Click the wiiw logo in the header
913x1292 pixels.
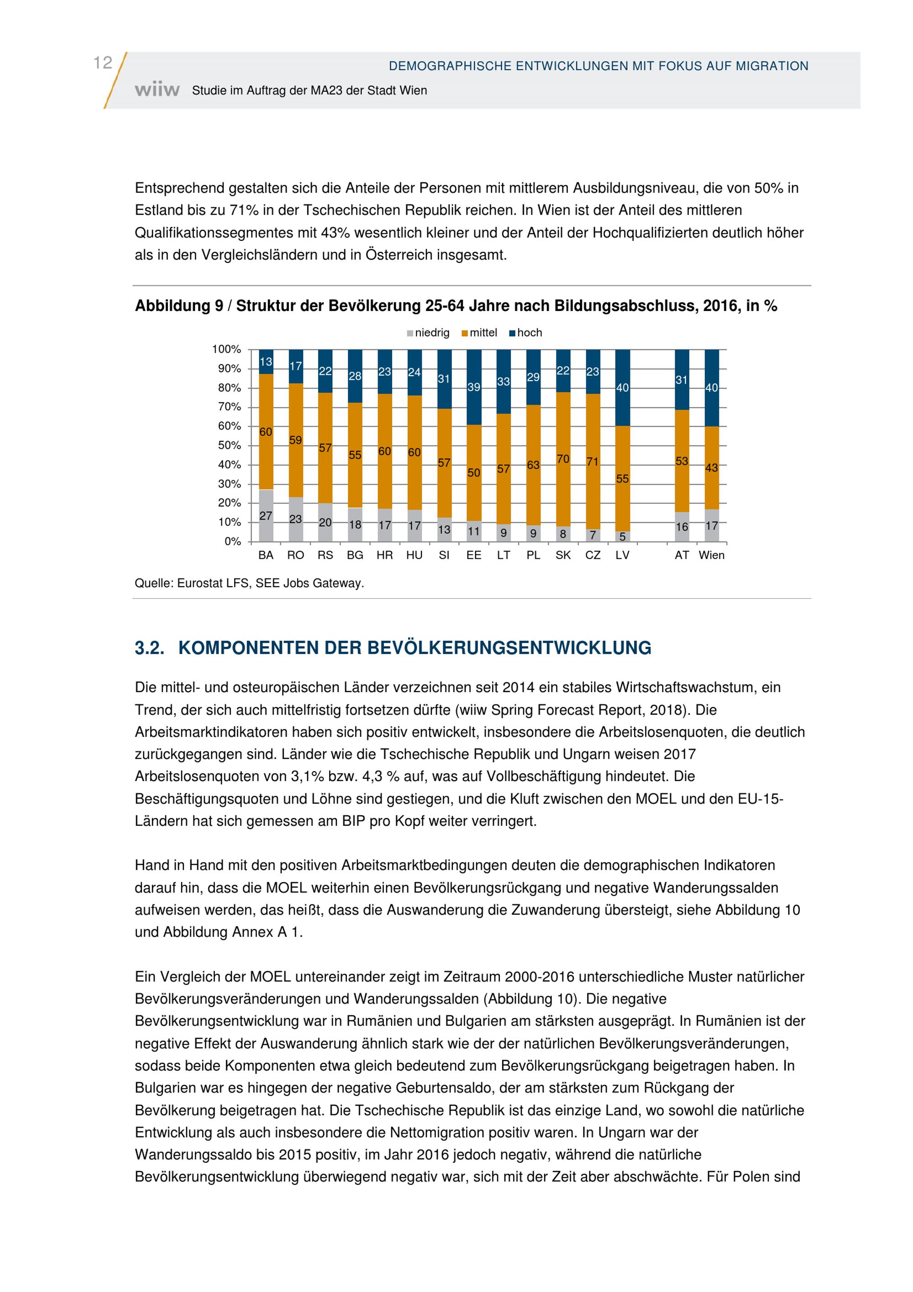(157, 90)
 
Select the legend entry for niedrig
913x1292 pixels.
(428, 332)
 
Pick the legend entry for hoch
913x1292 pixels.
(525, 332)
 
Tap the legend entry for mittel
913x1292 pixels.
(479, 332)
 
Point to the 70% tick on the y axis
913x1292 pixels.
(230, 407)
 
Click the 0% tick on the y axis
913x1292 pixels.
(233, 541)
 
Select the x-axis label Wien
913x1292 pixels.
(712, 556)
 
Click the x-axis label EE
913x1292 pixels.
(474, 556)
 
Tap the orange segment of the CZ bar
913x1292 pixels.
(593, 462)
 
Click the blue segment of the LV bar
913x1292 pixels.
(623, 388)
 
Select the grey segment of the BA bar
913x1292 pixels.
(266, 515)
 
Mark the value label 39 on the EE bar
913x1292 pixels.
(474, 387)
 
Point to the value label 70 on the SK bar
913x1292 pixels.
(563, 459)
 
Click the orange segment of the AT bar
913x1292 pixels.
(682, 461)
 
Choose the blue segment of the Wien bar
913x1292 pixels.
(712, 388)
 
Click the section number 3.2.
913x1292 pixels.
(150, 648)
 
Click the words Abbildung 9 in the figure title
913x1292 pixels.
(179, 306)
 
